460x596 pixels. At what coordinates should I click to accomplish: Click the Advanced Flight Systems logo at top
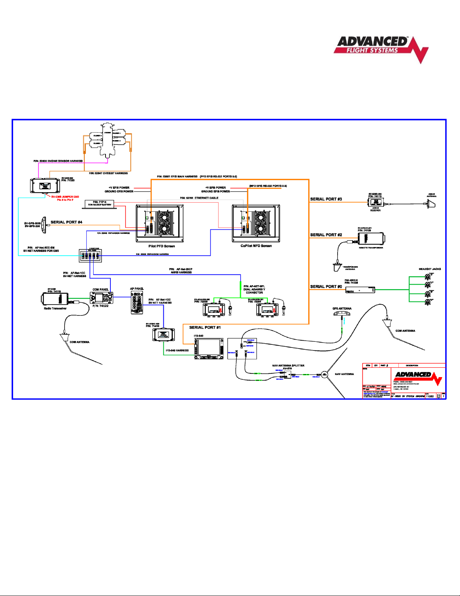(380, 48)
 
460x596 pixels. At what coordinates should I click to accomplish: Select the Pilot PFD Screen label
(161, 246)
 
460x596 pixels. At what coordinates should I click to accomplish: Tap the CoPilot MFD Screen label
(256, 246)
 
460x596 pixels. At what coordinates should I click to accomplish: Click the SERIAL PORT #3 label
(326, 199)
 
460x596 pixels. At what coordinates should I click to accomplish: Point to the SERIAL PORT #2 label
(326, 235)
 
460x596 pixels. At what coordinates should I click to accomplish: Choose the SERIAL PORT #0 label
(326, 287)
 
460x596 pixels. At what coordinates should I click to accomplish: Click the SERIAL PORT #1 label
(205, 328)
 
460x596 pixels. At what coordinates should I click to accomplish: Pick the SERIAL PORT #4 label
(66, 222)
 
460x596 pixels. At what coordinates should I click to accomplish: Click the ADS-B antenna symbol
(431, 204)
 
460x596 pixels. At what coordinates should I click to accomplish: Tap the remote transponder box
(370, 238)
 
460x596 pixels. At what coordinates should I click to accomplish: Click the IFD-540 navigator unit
(208, 348)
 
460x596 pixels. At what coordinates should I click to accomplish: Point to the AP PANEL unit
(137, 302)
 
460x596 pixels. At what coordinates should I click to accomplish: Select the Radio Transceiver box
(55, 299)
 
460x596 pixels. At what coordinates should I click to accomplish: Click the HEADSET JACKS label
(430, 269)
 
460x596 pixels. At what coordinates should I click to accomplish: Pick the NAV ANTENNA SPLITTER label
(288, 365)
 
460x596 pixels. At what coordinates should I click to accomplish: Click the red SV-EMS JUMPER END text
(65, 197)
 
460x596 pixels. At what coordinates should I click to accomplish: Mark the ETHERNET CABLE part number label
(199, 198)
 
